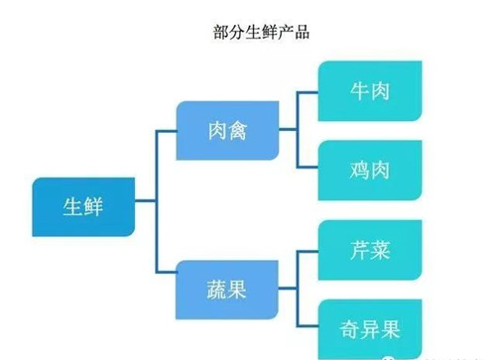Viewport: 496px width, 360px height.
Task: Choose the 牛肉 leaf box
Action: pos(369,91)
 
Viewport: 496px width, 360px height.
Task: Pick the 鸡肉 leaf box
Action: pos(369,170)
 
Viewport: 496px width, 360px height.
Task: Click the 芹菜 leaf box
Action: pos(369,250)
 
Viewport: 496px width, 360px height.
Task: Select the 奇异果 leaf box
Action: pos(369,326)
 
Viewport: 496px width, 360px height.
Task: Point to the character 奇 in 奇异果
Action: pos(346,326)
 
